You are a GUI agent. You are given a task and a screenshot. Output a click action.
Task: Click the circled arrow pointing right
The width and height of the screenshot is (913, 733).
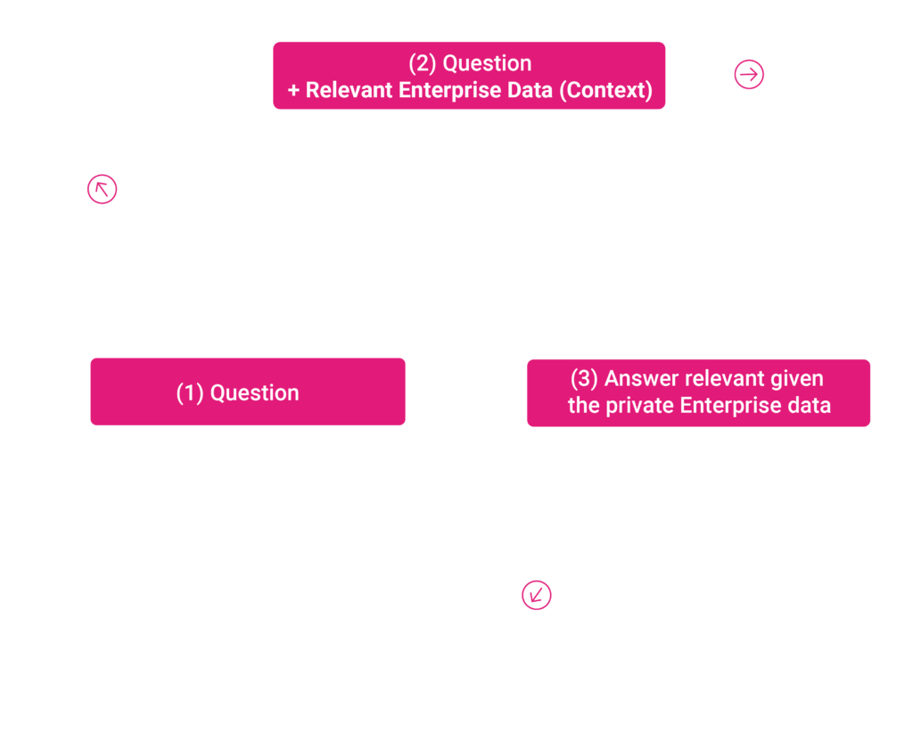[x=749, y=75]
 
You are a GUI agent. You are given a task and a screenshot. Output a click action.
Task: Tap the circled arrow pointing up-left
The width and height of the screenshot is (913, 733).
[x=102, y=189]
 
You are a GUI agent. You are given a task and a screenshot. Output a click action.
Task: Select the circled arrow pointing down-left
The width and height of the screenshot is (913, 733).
[x=536, y=595]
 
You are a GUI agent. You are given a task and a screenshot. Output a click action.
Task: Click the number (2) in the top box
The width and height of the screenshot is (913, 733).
[x=422, y=63]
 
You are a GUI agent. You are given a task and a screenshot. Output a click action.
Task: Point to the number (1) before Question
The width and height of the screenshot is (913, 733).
[x=190, y=393]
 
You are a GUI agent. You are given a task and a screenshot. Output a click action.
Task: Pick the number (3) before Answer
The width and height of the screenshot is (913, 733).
[x=584, y=378]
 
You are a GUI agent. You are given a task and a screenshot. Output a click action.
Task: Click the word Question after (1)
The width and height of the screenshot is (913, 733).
[x=254, y=393]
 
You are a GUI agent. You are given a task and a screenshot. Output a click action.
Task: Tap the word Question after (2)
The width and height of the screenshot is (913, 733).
[x=488, y=63]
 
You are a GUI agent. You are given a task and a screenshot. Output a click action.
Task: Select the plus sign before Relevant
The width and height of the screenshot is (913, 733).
[x=293, y=90]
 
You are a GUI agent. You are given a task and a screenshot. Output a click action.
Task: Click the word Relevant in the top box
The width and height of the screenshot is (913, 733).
[x=349, y=90]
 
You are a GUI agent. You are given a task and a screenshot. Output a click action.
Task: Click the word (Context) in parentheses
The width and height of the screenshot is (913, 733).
[x=605, y=90]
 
